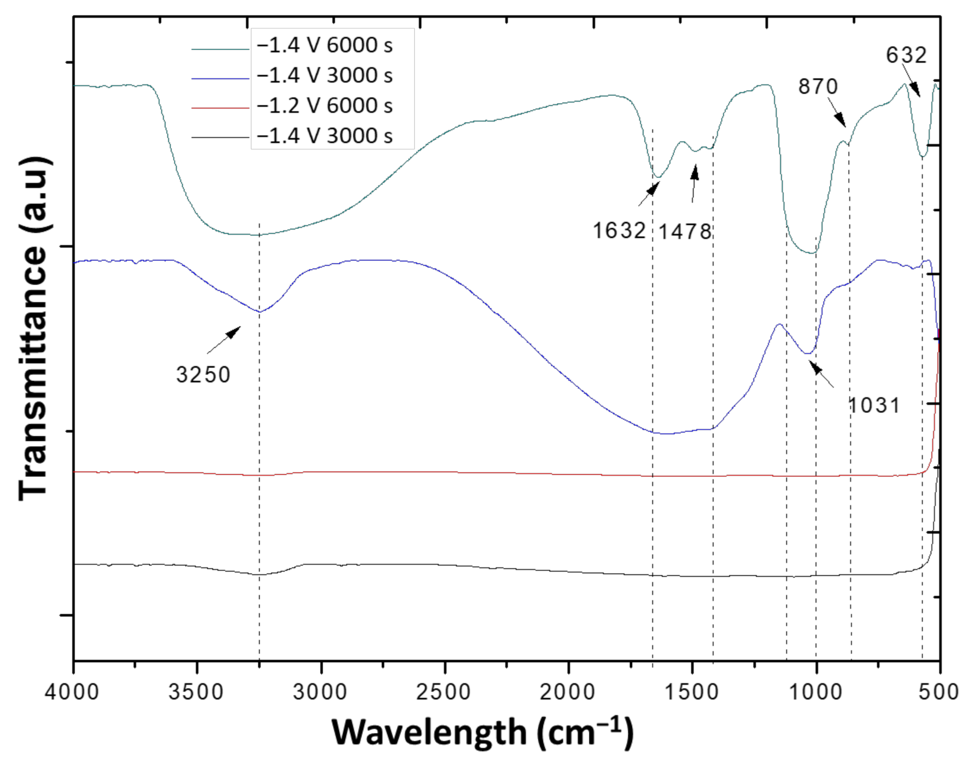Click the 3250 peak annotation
point(203,375)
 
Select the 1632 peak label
point(619,231)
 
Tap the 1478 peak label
point(685,231)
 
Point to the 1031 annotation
point(874,405)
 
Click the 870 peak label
point(817,87)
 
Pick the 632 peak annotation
point(906,55)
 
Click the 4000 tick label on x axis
point(72,692)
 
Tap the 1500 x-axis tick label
point(692,692)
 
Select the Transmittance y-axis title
point(33,329)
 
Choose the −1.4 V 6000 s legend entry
point(325,46)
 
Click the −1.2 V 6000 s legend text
point(325,106)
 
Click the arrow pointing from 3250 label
point(224,339)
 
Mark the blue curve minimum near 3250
point(259,312)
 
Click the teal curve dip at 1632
point(657,177)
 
